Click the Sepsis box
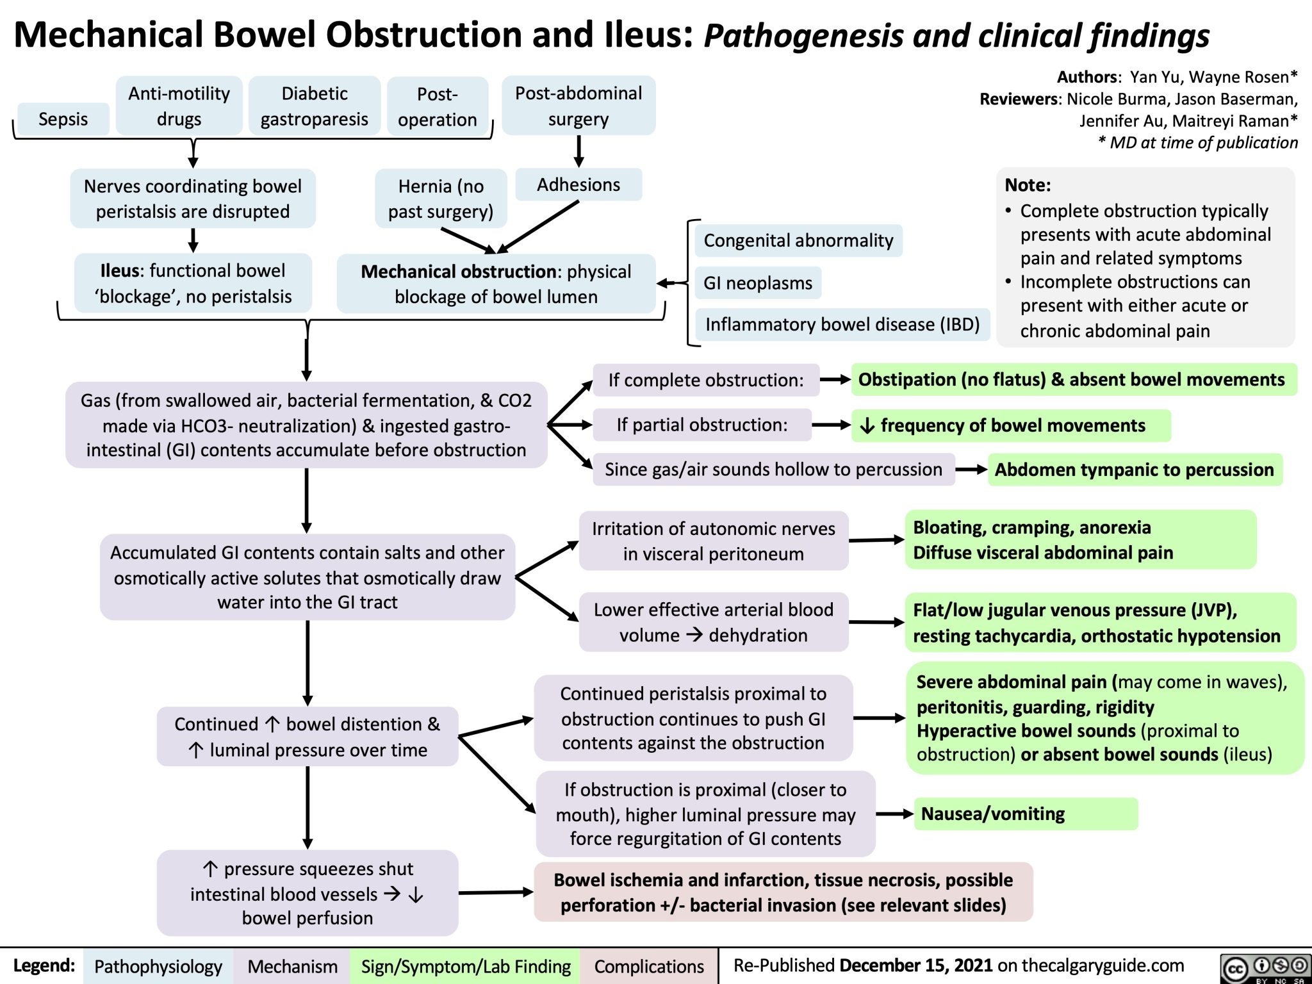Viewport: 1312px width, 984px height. pyautogui.click(x=63, y=119)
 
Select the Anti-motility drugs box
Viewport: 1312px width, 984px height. pyautogui.click(x=179, y=106)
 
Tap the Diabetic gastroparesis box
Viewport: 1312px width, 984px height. pyautogui.click(x=314, y=106)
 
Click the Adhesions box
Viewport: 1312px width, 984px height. pyautogui.click(x=578, y=184)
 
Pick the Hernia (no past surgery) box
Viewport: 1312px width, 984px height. pyautogui.click(x=441, y=199)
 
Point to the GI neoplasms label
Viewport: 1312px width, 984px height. pyautogui.click(x=757, y=283)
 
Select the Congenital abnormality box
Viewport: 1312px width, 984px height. pyautogui.click(x=798, y=240)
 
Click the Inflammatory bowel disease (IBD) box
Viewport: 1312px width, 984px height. pyautogui.click(x=842, y=324)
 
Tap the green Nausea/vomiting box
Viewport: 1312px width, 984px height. pyautogui.click(x=1025, y=814)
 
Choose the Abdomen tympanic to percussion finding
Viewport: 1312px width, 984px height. pyautogui.click(x=1134, y=470)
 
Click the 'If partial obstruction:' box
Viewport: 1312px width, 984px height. pyautogui.click(x=701, y=425)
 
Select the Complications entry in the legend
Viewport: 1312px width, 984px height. pyautogui.click(x=648, y=966)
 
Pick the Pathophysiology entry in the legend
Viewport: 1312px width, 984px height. pyautogui.click(x=158, y=966)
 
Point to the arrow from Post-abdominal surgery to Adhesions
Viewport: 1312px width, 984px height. pyautogui.click(x=578, y=151)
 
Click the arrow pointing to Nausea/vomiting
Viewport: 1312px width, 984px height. pyautogui.click(x=894, y=814)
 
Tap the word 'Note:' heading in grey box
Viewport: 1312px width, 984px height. pyautogui.click(x=1028, y=185)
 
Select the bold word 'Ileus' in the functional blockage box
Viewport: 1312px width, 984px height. pyautogui.click(x=119, y=270)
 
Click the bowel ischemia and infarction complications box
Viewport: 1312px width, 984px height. pyautogui.click(x=783, y=892)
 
